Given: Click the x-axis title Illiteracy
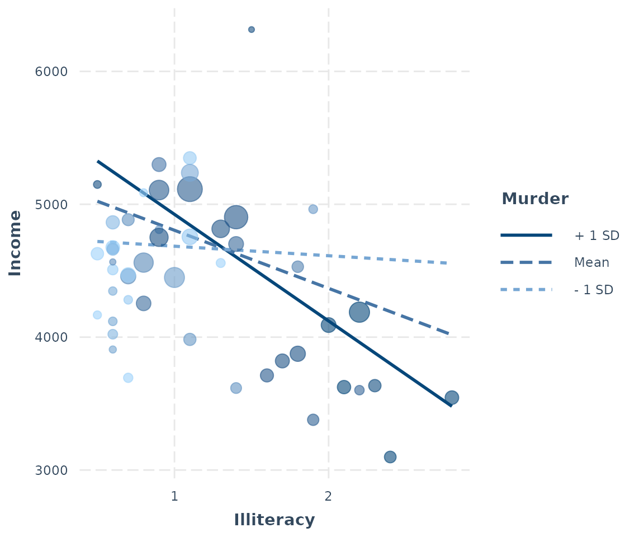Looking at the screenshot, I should pyautogui.click(x=274, y=520).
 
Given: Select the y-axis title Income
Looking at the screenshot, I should pyautogui.click(x=16, y=243).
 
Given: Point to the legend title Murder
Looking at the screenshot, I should pyautogui.click(x=535, y=199).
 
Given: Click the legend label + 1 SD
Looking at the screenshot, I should pyautogui.click(x=596, y=235).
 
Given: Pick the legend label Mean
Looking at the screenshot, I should pyautogui.click(x=591, y=262).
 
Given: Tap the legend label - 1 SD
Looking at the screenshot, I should pyautogui.click(x=594, y=290).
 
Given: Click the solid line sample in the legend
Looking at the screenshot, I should pyautogui.click(x=526, y=235).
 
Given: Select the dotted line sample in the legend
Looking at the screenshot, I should pyautogui.click(x=526, y=290).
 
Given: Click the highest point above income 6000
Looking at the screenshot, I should pyautogui.click(x=252, y=30).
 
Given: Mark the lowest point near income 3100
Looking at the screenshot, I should pyautogui.click(x=390, y=457).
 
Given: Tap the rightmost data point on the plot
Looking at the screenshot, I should pyautogui.click(x=452, y=397).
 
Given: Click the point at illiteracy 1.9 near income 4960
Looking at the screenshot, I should pyautogui.click(x=313, y=209).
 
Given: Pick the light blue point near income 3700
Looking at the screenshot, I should pyautogui.click(x=128, y=378).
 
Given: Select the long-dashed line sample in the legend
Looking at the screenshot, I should pyautogui.click(x=526, y=262).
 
